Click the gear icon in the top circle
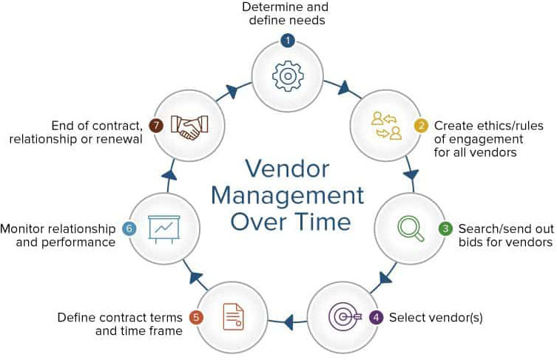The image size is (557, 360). coord(287,75)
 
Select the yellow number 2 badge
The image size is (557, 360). coord(421,125)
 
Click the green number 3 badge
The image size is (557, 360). coord(445,228)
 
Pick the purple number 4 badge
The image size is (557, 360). coord(377,318)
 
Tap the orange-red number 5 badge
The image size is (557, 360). coord(196,318)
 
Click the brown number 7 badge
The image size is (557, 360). coord(155,125)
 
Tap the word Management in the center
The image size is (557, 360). coord(287,197)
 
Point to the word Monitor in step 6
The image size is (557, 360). coord(26,228)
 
